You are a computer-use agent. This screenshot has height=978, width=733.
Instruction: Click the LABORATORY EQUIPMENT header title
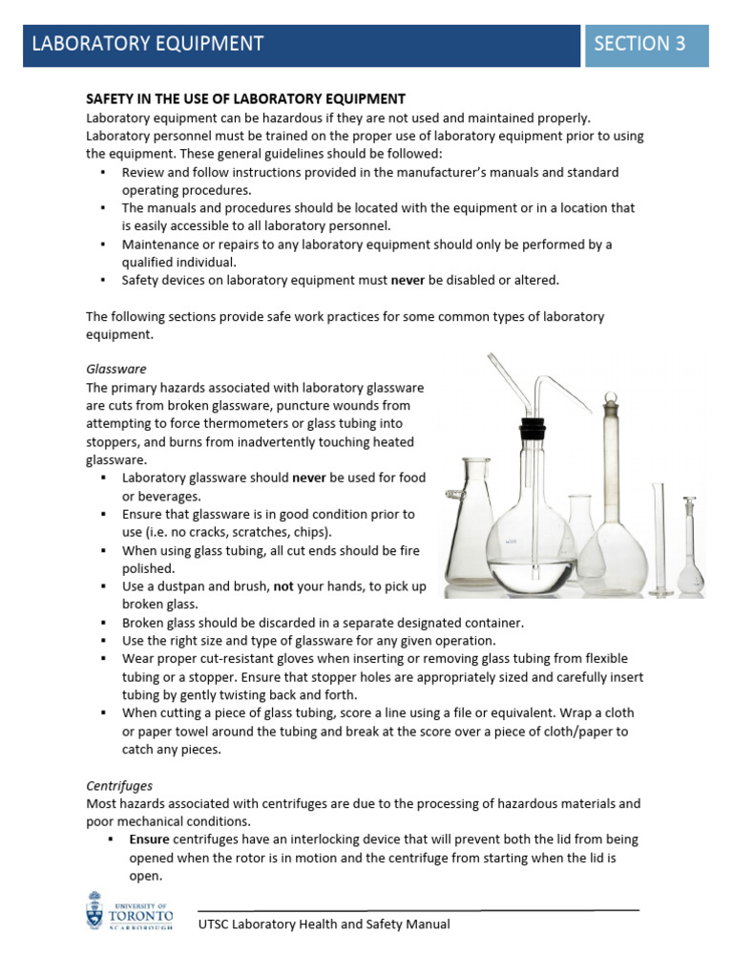[148, 43]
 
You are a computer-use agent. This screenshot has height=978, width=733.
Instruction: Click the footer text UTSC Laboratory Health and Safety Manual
[325, 924]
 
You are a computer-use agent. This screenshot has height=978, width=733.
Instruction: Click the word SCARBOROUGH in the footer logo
[139, 926]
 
